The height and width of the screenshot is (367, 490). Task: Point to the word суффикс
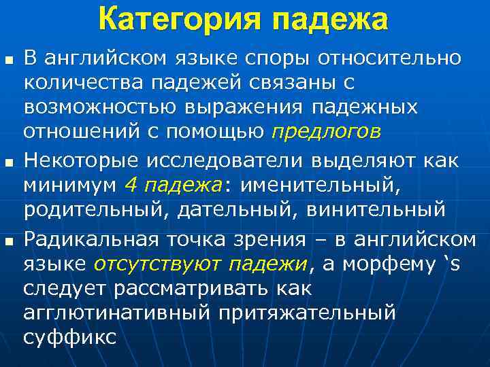click(x=69, y=338)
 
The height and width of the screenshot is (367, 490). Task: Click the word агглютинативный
click(x=116, y=313)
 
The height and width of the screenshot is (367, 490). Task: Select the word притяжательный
click(x=307, y=313)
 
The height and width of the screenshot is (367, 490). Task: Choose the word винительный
click(x=376, y=209)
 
